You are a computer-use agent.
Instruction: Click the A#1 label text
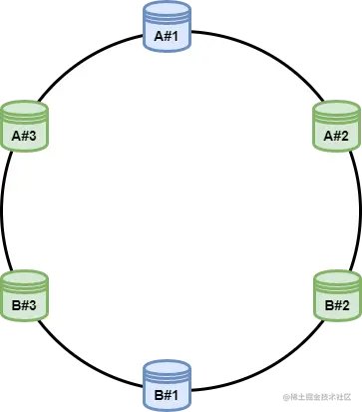[166, 38]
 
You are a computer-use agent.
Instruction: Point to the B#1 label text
[166, 396]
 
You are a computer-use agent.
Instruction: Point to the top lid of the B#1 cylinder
[166, 368]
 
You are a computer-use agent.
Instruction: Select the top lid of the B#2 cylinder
[336, 276]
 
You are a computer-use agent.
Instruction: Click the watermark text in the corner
[319, 398]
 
